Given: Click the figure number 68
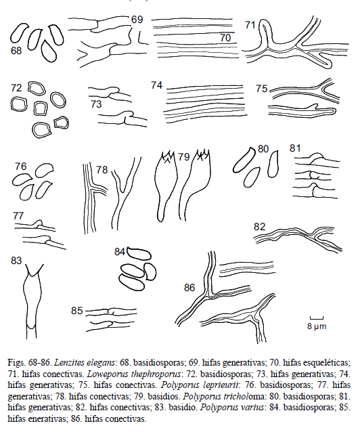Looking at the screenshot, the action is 16,51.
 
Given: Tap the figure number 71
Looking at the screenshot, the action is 250,25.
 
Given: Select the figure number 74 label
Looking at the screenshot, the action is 156,85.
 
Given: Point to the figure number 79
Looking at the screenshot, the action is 184,157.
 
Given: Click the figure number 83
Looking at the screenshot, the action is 16,261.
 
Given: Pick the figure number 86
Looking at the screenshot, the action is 189,288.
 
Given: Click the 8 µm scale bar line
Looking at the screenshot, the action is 317,318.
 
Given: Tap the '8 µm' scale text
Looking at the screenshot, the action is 317,326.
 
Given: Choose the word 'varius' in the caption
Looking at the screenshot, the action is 254,408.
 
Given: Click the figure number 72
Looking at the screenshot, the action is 16,88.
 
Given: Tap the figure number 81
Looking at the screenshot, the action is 295,148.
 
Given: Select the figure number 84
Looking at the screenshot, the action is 120,252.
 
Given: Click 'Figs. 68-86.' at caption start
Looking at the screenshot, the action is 30,363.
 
